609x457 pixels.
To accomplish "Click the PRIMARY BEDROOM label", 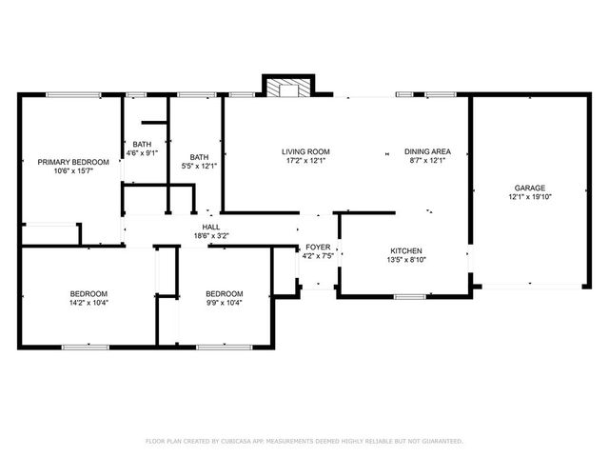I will click(x=73, y=162).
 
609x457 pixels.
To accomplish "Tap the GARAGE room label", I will click(x=530, y=188).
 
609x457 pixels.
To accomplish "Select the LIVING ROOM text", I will click(x=305, y=151).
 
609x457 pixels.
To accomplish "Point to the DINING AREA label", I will click(x=427, y=151).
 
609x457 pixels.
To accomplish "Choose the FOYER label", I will click(x=318, y=247).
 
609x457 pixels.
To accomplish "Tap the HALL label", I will click(x=211, y=227).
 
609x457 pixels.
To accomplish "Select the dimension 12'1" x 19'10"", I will click(x=530, y=197).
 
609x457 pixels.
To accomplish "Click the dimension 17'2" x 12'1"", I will click(x=305, y=161).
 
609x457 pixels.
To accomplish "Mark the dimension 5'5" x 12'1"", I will click(x=199, y=167).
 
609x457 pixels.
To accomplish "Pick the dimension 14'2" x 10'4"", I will click(x=88, y=303).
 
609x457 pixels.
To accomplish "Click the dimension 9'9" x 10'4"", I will click(x=225, y=303).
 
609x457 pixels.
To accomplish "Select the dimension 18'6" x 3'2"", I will click(x=211, y=235).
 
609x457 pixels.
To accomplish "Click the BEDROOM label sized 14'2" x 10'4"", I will click(x=88, y=293).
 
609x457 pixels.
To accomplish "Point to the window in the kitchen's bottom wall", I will click(x=409, y=297).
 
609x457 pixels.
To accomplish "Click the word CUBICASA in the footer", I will click(x=235, y=442).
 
